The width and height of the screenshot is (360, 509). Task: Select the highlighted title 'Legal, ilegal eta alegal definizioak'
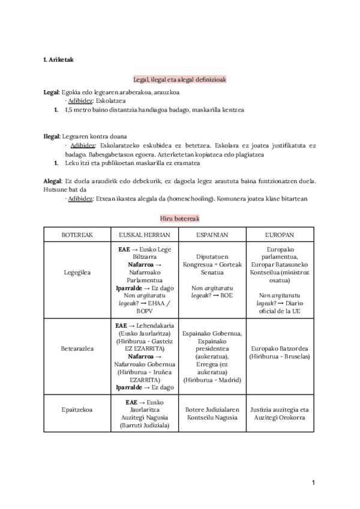coord(179,79)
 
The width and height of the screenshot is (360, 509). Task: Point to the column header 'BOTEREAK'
coord(76,235)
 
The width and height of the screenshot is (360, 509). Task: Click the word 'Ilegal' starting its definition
coord(52,136)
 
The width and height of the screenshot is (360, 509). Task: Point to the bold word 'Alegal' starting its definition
coord(52,181)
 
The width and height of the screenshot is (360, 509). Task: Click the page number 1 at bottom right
coord(313,482)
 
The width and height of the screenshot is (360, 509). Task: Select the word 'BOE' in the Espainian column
coord(226,295)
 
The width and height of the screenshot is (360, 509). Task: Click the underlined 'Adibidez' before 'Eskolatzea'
coord(80,101)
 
